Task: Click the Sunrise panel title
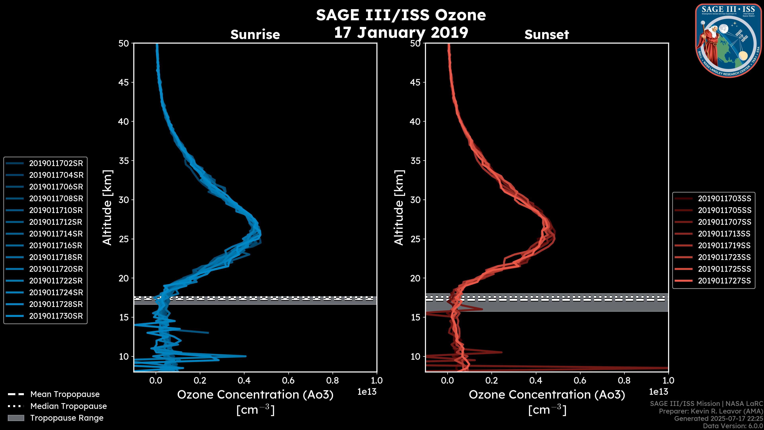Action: tap(255, 34)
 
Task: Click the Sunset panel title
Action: tap(547, 34)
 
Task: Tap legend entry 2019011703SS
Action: tap(724, 198)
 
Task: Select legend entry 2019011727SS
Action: tap(724, 281)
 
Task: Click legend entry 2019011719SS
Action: tap(724, 245)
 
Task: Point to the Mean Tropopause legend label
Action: tap(65, 394)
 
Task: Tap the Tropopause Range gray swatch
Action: tap(16, 418)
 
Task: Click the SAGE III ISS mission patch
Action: tap(728, 41)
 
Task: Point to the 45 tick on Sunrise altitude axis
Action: tap(124, 82)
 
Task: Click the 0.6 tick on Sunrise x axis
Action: tap(288, 380)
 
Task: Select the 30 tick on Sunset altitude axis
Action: tap(415, 200)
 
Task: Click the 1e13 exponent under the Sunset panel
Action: tap(658, 392)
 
